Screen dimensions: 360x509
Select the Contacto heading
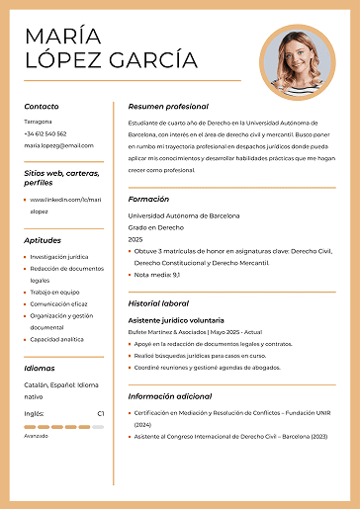pyautogui.click(x=42, y=106)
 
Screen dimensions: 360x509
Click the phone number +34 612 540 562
pyautogui.click(x=45, y=133)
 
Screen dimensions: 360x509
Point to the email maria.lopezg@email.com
pyautogui.click(x=58, y=145)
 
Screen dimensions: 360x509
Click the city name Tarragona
pyautogui.click(x=39, y=122)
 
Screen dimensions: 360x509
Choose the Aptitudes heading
pyautogui.click(x=43, y=240)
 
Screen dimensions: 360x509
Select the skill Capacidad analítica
pyautogui.click(x=57, y=339)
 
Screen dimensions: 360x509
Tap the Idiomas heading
pyautogui.click(x=40, y=368)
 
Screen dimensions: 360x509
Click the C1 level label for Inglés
pyautogui.click(x=100, y=413)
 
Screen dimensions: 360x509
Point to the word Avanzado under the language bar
pyautogui.click(x=36, y=435)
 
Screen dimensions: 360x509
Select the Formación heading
pyautogui.click(x=148, y=199)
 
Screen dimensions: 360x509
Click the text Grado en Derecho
pyautogui.click(x=153, y=227)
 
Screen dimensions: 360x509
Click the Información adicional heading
pyautogui.click(x=171, y=396)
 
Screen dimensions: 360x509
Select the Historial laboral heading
pyautogui.click(x=158, y=303)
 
